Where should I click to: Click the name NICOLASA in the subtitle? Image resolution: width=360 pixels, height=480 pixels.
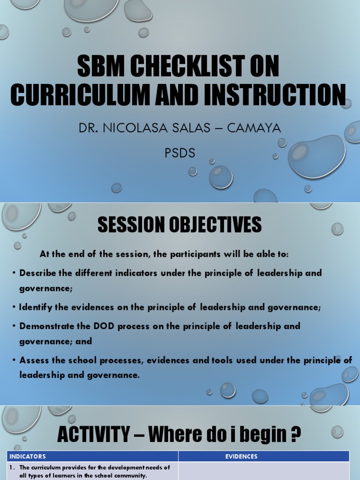[140, 127]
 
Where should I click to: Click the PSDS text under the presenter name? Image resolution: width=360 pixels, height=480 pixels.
[180, 153]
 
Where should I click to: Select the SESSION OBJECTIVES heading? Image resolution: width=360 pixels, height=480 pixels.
[180, 225]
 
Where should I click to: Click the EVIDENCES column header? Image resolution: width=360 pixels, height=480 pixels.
[264, 456]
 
